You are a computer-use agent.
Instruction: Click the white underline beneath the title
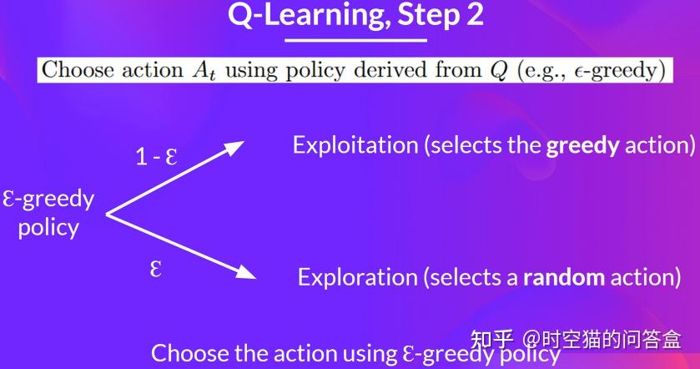click(x=355, y=39)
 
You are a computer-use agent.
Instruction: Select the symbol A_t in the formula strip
click(x=204, y=69)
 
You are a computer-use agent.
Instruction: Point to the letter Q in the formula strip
click(x=497, y=69)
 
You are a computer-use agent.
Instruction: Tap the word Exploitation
click(x=355, y=145)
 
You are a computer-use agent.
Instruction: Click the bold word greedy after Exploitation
click(x=582, y=146)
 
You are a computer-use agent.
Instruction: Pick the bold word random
click(x=563, y=276)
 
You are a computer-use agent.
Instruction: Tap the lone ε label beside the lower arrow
click(x=155, y=270)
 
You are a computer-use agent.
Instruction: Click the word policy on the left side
click(x=48, y=227)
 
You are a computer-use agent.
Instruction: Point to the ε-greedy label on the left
click(x=49, y=200)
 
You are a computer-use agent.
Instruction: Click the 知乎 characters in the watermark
click(x=492, y=339)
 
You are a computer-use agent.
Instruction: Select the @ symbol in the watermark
click(x=531, y=340)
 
